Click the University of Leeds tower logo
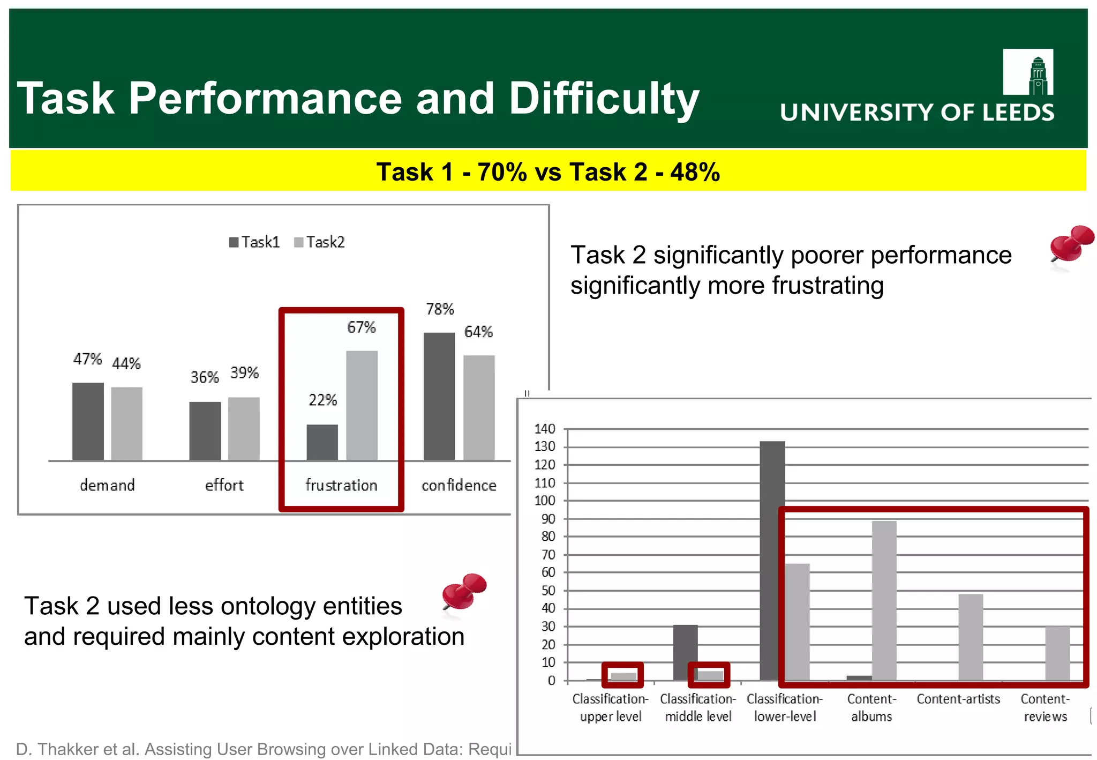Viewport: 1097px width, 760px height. coord(1028,72)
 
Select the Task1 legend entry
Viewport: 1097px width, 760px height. coord(254,242)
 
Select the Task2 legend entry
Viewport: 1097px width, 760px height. coord(320,242)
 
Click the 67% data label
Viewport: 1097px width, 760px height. coord(362,327)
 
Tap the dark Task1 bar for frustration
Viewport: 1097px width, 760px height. coord(322,442)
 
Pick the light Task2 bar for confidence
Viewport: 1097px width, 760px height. coord(479,407)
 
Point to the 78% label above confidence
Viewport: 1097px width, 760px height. coord(440,309)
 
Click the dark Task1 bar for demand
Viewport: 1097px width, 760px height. coord(88,421)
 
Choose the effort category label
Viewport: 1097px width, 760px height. coord(224,486)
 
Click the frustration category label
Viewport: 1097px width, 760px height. coord(341,486)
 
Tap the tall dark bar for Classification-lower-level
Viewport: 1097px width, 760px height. coord(772,560)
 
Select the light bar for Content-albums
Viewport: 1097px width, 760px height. coord(884,600)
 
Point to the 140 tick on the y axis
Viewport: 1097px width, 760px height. coord(545,429)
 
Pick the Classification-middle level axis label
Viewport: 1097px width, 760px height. coord(698,707)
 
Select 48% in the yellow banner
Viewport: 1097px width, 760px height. coord(695,172)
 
